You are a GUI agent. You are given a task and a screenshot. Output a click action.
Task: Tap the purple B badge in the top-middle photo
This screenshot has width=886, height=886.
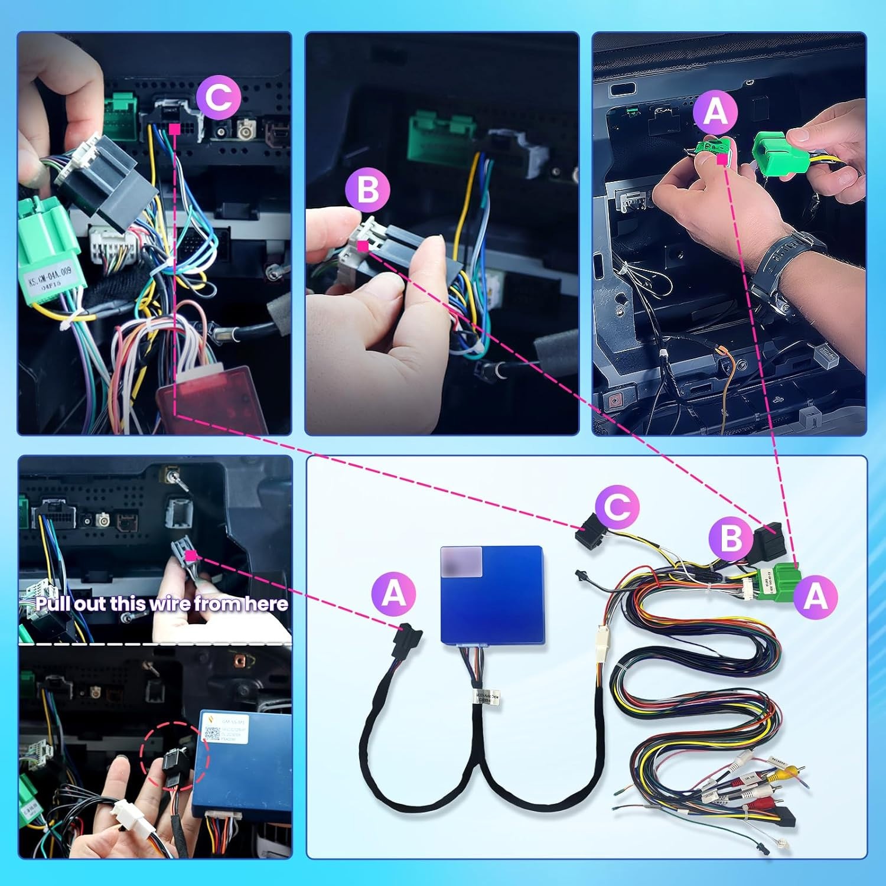(x=367, y=190)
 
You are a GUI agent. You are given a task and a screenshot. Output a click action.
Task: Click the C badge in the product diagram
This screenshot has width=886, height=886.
(x=617, y=507)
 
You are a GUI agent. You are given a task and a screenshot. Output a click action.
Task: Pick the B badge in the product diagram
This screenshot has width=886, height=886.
(x=731, y=538)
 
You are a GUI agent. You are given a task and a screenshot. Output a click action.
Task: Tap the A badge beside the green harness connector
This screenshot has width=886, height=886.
(x=816, y=597)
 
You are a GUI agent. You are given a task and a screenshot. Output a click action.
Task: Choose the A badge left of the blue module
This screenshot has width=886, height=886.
(x=393, y=593)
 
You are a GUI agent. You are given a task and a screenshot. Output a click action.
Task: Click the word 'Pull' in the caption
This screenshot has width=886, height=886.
(x=51, y=604)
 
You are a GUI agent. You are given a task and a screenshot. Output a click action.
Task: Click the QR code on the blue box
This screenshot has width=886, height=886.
(x=211, y=734)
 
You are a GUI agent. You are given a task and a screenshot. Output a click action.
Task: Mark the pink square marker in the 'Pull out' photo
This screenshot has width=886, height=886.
(x=190, y=555)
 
